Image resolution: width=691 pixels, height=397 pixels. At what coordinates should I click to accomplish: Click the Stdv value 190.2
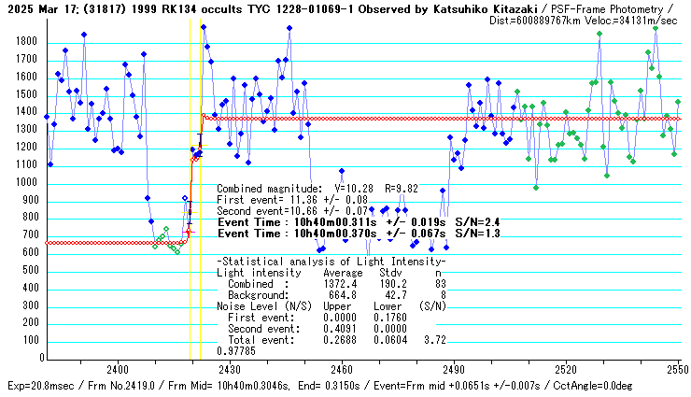pyautogui.click(x=387, y=283)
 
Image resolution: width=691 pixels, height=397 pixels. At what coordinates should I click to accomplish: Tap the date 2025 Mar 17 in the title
pyautogui.click(x=39, y=7)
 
